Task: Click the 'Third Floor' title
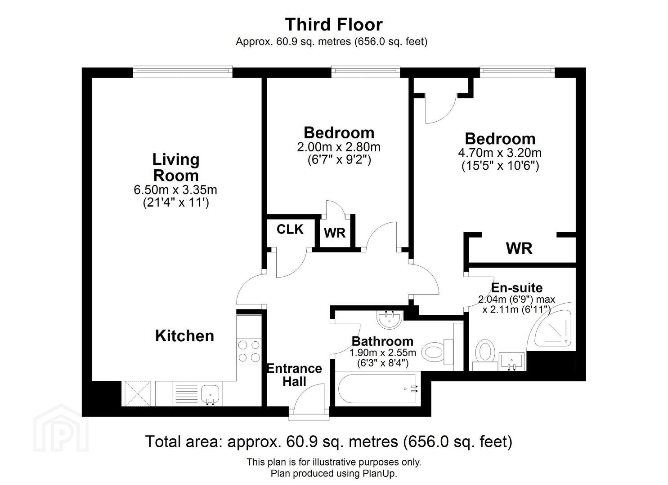334,24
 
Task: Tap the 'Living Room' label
175,168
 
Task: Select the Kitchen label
184,336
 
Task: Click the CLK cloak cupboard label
290,229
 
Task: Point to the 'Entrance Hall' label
294,375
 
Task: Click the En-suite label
516,287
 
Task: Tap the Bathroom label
382,341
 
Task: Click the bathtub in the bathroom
377,388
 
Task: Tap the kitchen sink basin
210,394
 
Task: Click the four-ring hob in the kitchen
249,351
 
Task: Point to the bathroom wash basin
390,320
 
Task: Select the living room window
183,71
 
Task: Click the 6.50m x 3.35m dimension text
175,190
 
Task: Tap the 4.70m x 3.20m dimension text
500,153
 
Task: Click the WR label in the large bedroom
519,249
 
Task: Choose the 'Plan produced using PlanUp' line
334,473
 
